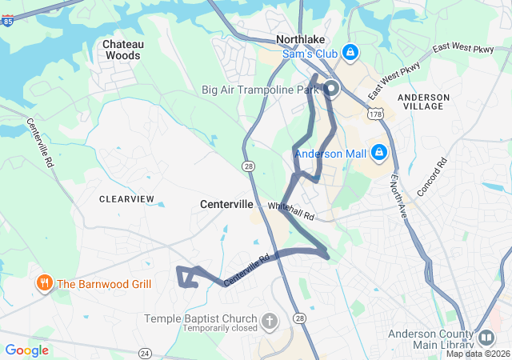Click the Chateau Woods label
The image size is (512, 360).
coord(122,50)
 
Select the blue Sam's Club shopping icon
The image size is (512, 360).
coord(350,54)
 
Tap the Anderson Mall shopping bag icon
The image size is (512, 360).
coord(379,152)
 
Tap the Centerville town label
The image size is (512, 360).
coord(226,205)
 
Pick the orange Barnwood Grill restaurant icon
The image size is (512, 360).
coord(44,283)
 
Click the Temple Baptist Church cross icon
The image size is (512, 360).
coord(270,322)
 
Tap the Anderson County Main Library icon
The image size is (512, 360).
coord(486,337)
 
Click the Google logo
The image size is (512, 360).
coord(26,350)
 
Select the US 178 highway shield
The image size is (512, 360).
coord(375,115)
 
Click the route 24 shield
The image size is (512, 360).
coord(145,353)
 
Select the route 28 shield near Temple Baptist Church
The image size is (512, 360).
coord(300,318)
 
